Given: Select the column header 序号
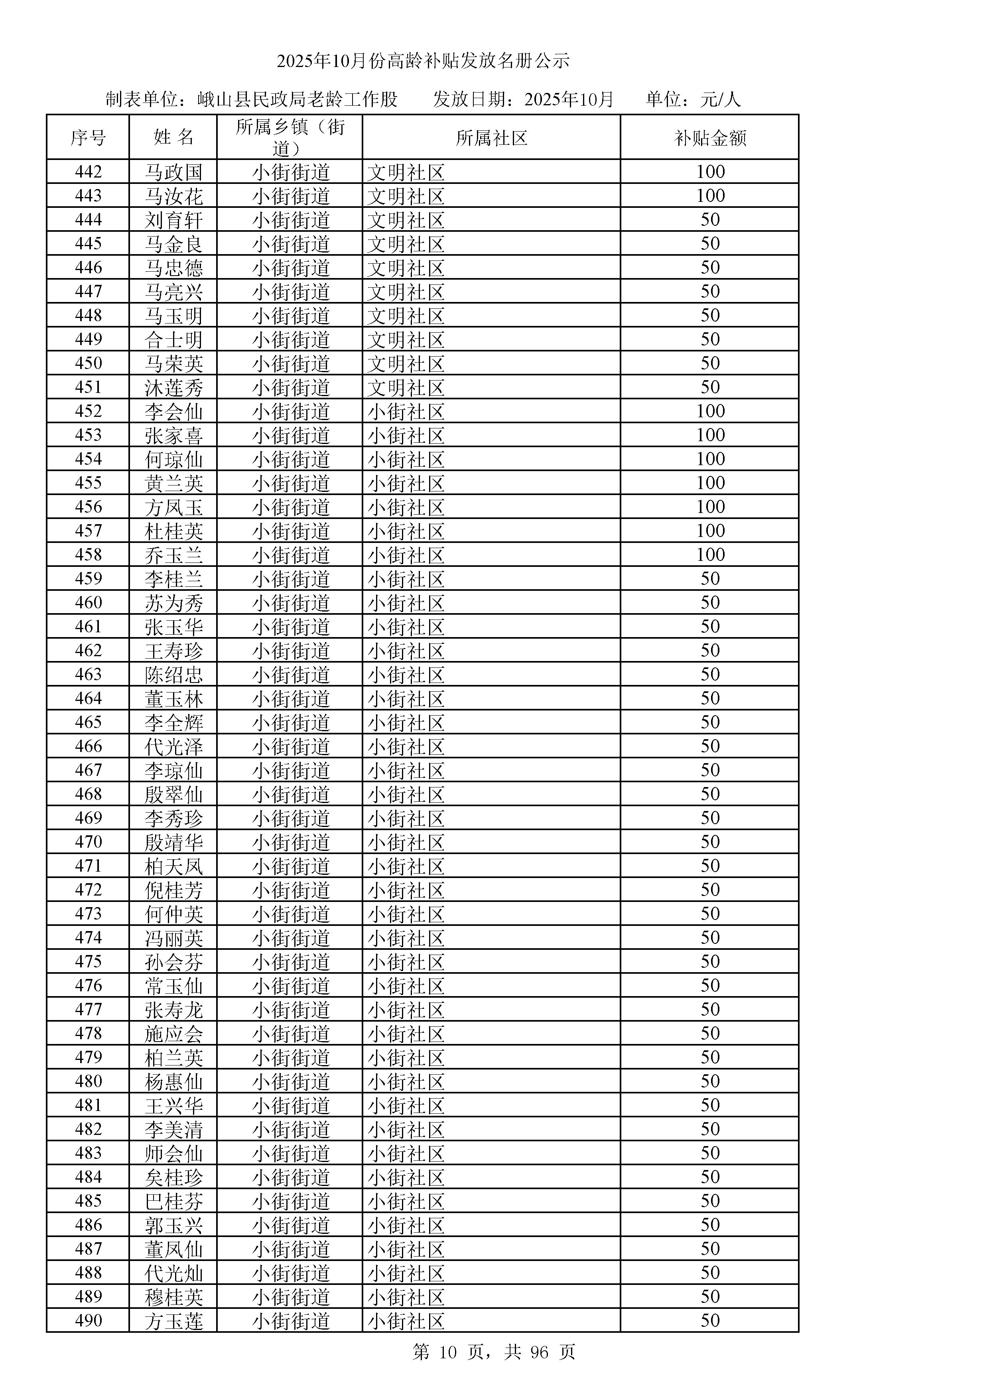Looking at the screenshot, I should coord(88,138).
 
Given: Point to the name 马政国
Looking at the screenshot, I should coord(173,172).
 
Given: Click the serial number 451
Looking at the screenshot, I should coord(88,387).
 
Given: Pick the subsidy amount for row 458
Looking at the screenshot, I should coord(710,555).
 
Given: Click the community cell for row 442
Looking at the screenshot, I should coord(406,172).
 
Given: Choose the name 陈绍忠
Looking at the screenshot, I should coord(173,675).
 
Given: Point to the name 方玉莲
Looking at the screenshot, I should coord(173,1321).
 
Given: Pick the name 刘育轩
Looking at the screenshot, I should coord(173,220).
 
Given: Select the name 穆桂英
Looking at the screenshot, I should coord(173,1296).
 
